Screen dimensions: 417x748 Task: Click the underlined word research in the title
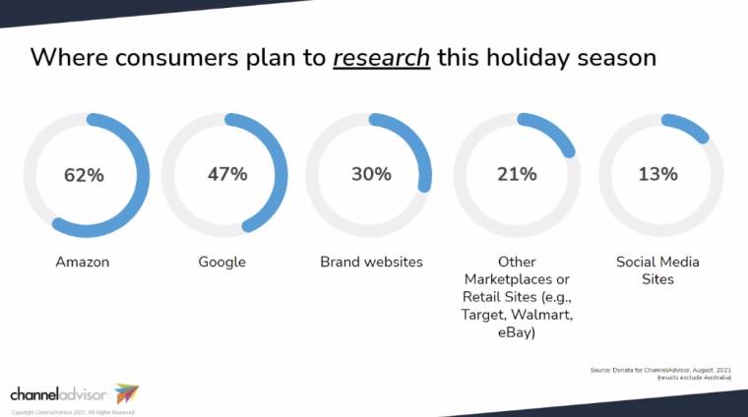(x=381, y=56)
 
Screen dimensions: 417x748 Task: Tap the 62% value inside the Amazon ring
(x=84, y=175)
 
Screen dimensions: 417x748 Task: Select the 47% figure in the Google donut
(x=227, y=174)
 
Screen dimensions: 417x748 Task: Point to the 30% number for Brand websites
(x=371, y=174)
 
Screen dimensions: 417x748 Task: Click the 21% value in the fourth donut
(x=517, y=174)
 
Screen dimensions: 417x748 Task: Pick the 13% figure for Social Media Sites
(x=657, y=174)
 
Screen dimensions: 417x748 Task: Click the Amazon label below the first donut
(x=84, y=263)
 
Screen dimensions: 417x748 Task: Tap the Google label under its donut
(x=221, y=263)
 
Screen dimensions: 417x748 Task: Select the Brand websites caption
(x=371, y=263)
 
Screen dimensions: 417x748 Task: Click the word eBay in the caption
(x=517, y=332)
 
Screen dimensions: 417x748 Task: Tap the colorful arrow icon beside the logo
(x=127, y=393)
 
